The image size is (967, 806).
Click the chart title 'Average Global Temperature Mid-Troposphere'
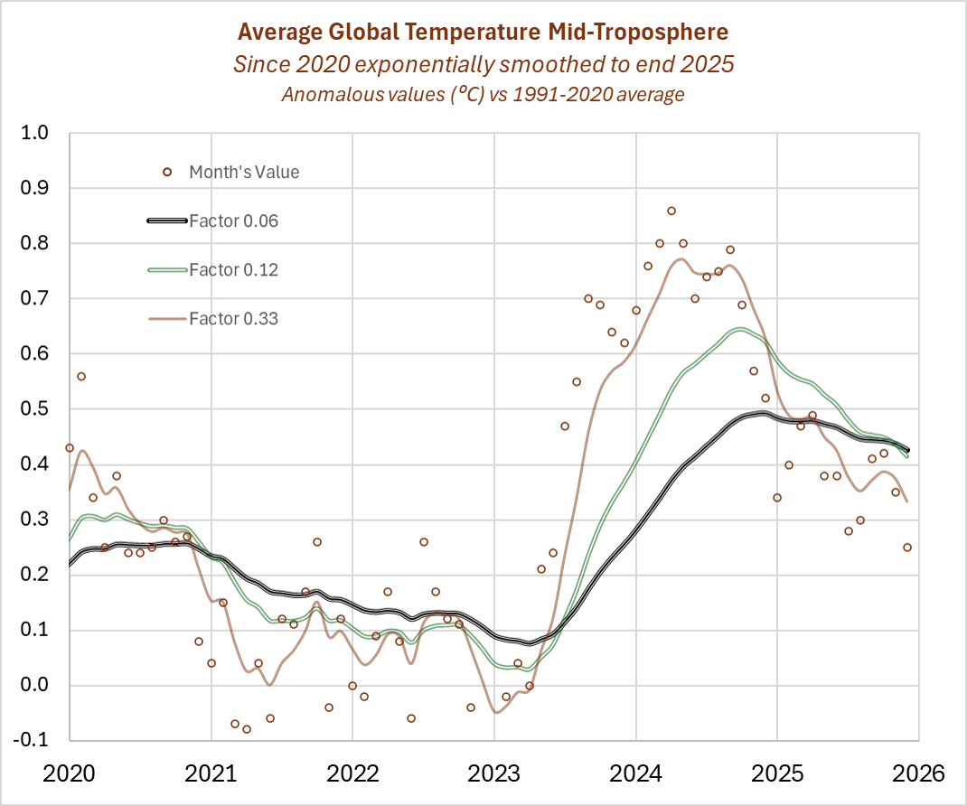[483, 33]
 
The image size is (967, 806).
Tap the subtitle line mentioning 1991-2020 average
[483, 94]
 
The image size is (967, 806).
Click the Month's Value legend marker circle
[167, 172]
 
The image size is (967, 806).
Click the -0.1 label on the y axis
[40, 741]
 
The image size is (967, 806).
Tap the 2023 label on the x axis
[493, 774]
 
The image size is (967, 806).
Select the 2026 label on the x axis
[918, 774]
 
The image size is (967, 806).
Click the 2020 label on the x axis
[70, 774]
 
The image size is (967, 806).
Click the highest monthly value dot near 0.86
[671, 211]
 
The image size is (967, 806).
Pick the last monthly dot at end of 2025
[907, 548]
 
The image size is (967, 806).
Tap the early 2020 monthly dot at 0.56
[81, 376]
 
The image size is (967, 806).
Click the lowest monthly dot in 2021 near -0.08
[247, 729]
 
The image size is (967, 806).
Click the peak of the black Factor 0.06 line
[761, 414]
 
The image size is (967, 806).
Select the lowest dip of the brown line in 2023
[496, 712]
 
